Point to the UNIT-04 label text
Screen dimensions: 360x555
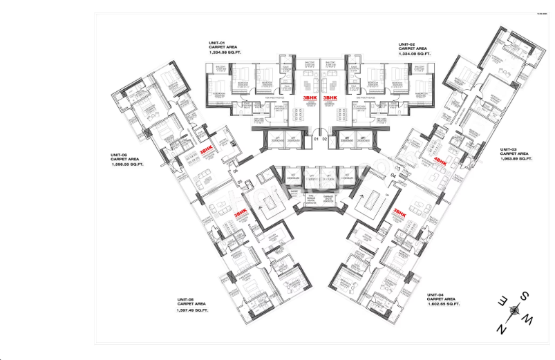coord(441,294)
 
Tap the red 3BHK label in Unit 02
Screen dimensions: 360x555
coord(330,97)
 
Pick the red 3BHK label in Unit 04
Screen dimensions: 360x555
coord(399,214)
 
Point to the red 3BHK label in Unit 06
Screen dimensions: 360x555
coord(205,149)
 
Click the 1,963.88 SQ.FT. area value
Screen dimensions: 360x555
coord(515,159)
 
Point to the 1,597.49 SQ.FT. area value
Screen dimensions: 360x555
coord(192,310)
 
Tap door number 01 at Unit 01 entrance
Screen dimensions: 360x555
coord(315,140)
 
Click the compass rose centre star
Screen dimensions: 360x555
coord(513,312)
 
